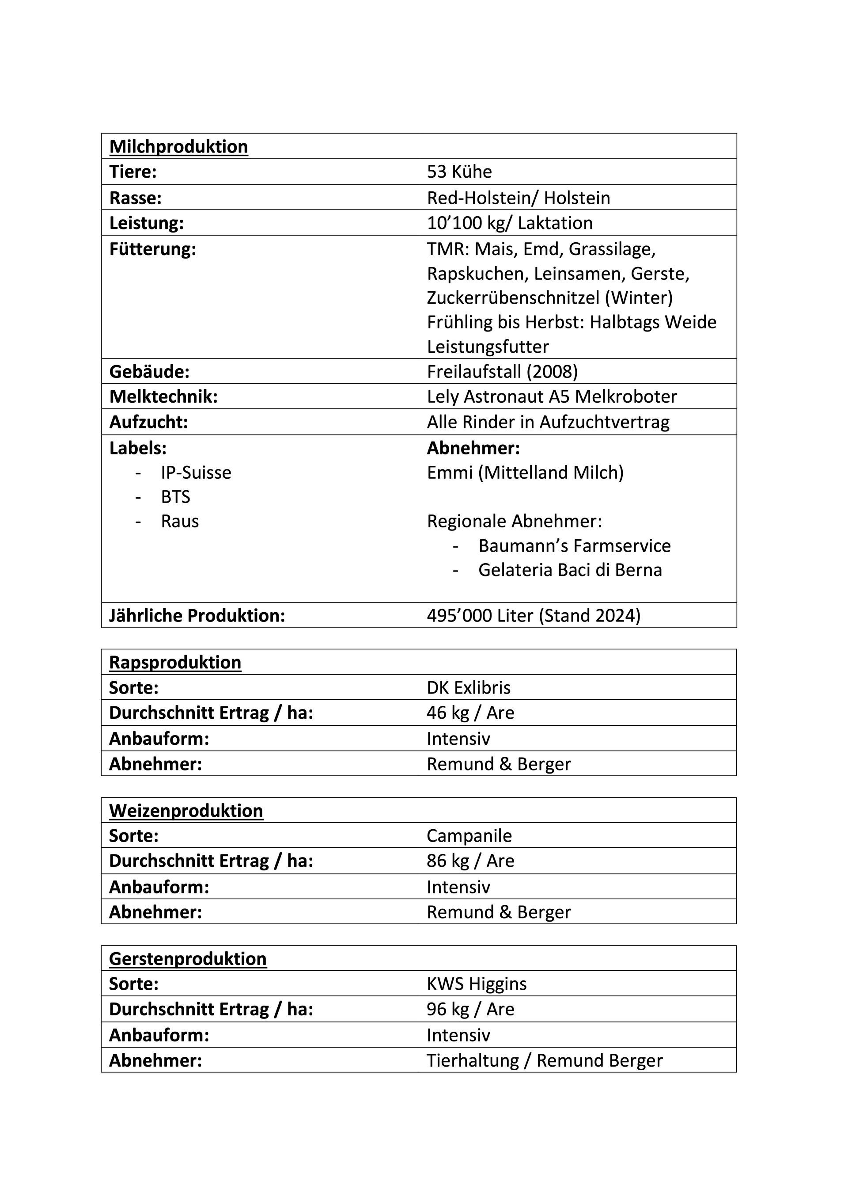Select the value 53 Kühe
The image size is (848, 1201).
tap(459, 172)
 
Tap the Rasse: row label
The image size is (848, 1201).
tap(136, 198)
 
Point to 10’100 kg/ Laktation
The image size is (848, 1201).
tap(510, 223)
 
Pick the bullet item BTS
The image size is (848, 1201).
tap(176, 497)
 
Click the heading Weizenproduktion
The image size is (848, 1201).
tap(186, 811)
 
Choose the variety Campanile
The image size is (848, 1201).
tap(469, 836)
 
